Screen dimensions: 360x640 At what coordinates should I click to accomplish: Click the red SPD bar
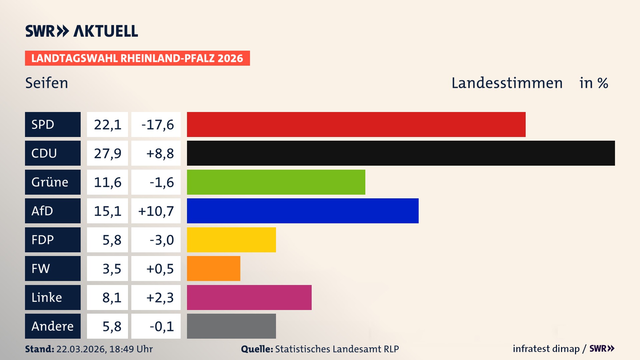pos(356,124)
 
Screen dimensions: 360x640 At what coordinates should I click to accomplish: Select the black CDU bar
pos(401,153)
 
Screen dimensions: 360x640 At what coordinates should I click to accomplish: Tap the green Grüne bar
pos(276,182)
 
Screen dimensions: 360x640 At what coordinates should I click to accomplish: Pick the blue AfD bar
pos(303,211)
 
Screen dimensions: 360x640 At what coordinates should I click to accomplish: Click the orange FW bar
pos(213,268)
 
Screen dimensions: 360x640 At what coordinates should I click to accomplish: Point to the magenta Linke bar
pos(249,297)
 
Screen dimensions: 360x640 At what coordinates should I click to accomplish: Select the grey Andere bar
pos(231,326)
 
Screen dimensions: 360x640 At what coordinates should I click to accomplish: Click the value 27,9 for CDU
pos(107,153)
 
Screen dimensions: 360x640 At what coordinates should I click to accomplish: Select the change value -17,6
pos(157,125)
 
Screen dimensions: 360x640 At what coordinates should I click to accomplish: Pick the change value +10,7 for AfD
pos(156,211)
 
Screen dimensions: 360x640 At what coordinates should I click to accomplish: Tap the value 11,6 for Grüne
pos(107,182)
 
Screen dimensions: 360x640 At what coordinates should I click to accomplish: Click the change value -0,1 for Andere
pos(162,326)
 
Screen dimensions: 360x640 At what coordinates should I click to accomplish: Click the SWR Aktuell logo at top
pos(82,31)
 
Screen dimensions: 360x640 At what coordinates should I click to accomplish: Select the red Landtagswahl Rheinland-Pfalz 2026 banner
pos(137,58)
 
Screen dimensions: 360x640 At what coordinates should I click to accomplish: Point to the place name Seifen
pos(47,83)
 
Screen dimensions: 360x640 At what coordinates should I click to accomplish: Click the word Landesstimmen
pos(507,83)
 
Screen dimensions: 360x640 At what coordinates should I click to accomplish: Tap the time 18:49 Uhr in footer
pos(131,349)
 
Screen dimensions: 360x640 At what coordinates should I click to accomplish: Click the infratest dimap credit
pos(546,349)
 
